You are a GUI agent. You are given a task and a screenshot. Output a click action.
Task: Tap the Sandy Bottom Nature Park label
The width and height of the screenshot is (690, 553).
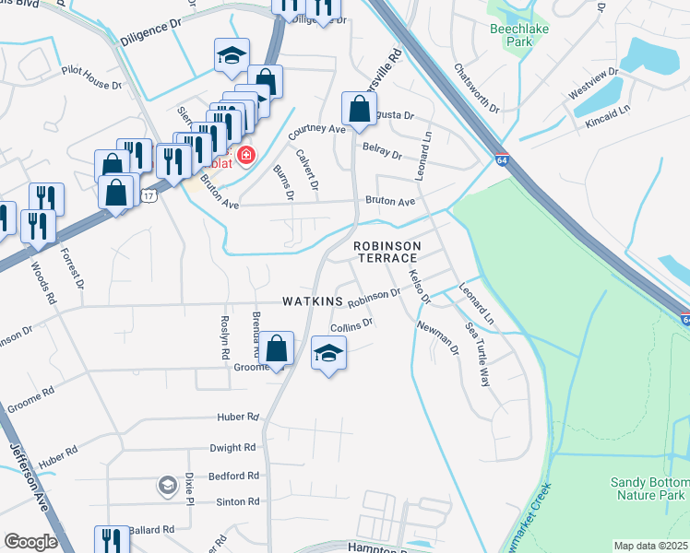tap(648, 488)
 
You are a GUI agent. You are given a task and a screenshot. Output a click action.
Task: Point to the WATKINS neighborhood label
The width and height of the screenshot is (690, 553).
tap(312, 302)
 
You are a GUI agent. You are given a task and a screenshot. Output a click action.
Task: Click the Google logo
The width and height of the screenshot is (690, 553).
tap(30, 542)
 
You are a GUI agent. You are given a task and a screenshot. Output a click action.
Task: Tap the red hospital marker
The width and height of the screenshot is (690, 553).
tap(245, 155)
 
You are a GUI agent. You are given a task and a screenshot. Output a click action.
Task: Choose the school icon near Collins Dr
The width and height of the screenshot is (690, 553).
tap(329, 353)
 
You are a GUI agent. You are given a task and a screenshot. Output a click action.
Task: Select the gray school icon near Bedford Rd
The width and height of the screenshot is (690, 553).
tap(167, 484)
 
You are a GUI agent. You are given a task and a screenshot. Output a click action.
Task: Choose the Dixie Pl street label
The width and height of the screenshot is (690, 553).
tap(189, 485)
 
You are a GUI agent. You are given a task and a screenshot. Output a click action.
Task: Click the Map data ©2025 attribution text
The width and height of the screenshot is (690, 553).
tap(650, 546)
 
